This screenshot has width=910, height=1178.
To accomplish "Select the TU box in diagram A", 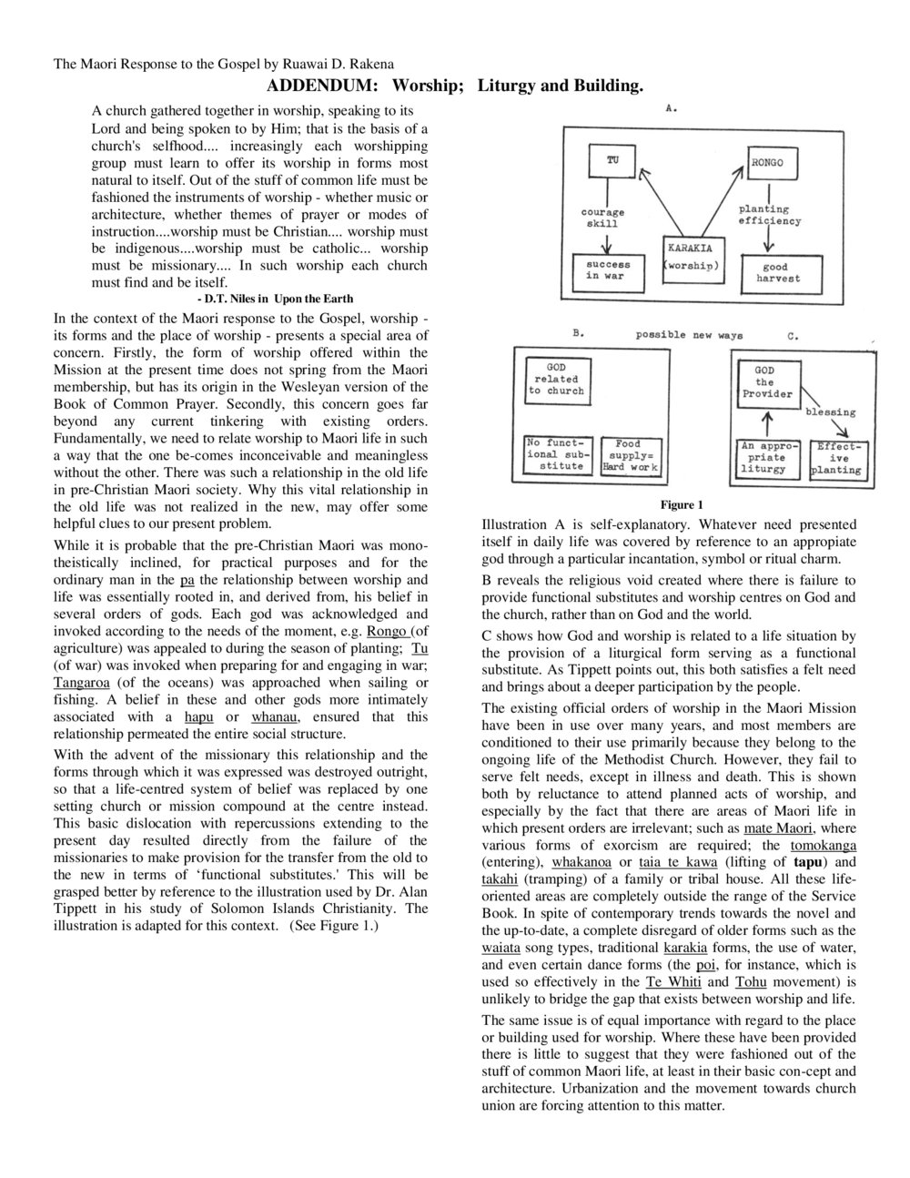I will [x=612, y=161].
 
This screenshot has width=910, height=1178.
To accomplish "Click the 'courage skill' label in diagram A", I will [x=602, y=218].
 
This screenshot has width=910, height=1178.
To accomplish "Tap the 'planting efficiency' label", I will [x=770, y=215].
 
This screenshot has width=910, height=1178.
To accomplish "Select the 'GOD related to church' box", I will [x=556, y=379].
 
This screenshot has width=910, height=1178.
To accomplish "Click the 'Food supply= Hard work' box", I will [x=629, y=455].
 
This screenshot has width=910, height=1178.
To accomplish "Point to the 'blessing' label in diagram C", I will [x=830, y=412].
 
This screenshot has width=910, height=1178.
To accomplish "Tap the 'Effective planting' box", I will [x=834, y=459].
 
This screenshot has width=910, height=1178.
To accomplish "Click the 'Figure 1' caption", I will [x=682, y=505].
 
